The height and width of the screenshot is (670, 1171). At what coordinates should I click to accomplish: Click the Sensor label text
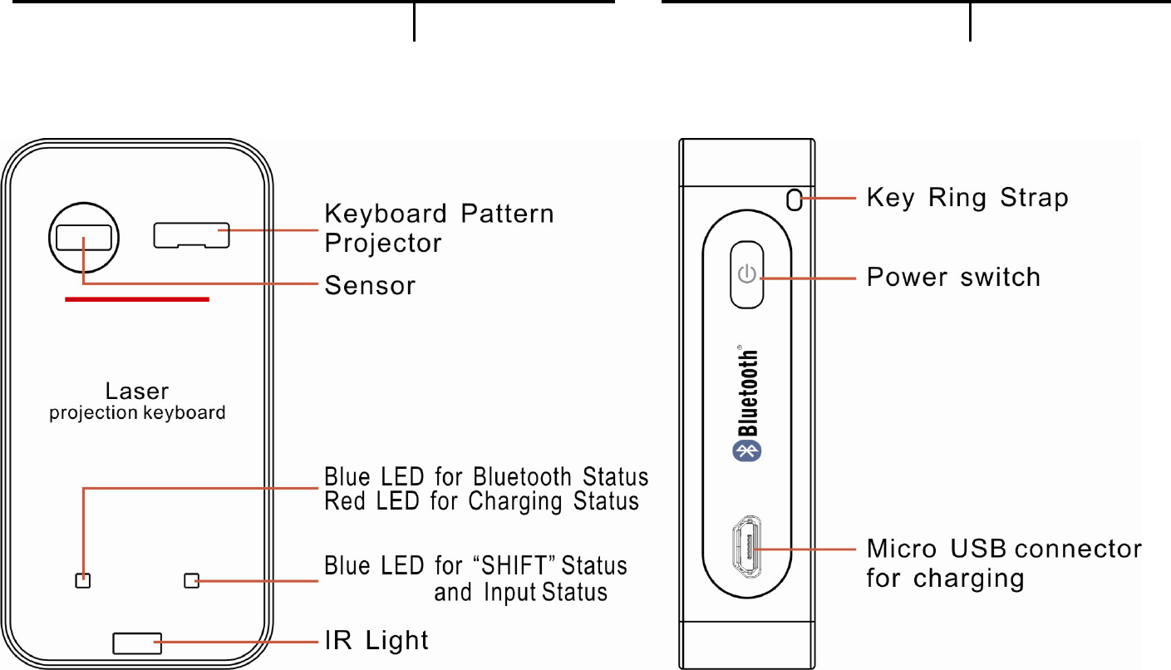pyautogui.click(x=369, y=286)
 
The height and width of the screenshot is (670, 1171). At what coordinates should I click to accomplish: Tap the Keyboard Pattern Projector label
pyautogui.click(x=438, y=228)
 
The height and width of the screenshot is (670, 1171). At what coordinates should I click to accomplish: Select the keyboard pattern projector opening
pyautogui.click(x=191, y=235)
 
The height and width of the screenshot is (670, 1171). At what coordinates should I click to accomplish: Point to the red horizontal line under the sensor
pyautogui.click(x=137, y=299)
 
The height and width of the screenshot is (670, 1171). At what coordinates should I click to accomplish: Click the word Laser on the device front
pyautogui.click(x=137, y=391)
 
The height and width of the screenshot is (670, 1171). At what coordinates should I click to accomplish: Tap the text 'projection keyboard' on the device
pyautogui.click(x=137, y=412)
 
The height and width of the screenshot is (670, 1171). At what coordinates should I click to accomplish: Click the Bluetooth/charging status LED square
pyautogui.click(x=82, y=580)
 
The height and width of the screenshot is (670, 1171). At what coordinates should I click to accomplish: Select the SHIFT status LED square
pyautogui.click(x=192, y=580)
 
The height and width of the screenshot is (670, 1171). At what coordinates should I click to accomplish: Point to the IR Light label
pyautogui.click(x=376, y=640)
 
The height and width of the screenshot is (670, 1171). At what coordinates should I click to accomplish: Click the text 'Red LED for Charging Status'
pyautogui.click(x=481, y=501)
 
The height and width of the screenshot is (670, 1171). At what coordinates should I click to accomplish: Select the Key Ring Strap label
pyautogui.click(x=967, y=198)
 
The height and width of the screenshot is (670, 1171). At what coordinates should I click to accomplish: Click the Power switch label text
pyautogui.click(x=953, y=276)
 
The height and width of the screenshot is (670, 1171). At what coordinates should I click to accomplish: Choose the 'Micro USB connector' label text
pyautogui.click(x=1004, y=549)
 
